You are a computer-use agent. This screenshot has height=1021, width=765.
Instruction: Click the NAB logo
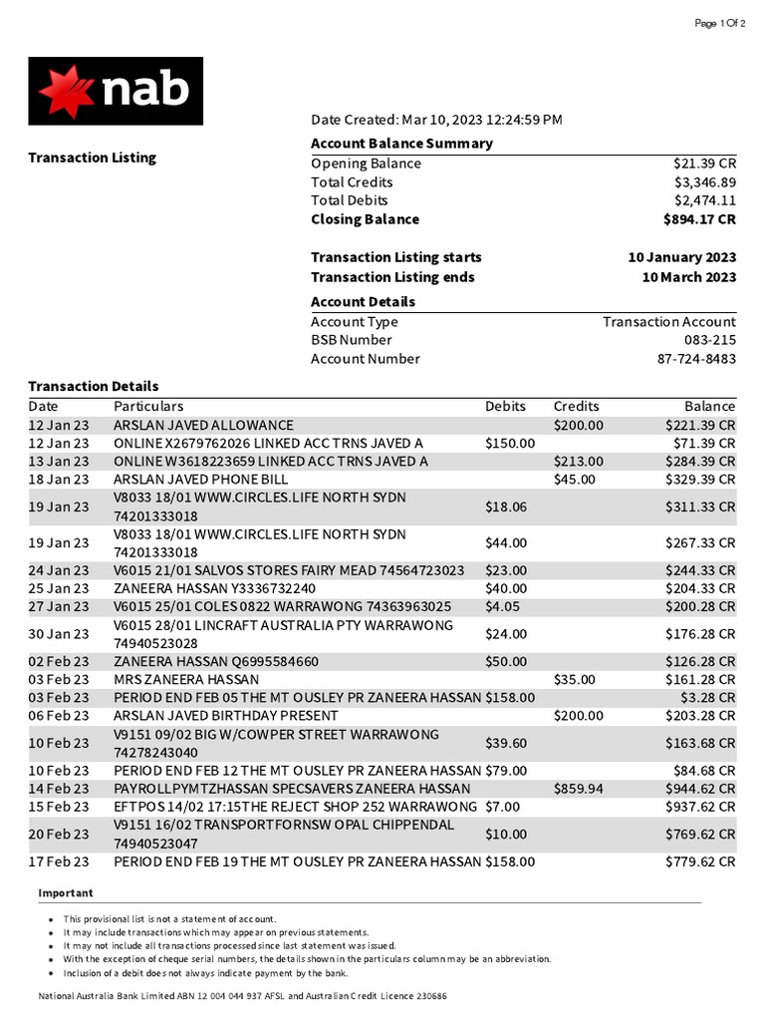(x=116, y=91)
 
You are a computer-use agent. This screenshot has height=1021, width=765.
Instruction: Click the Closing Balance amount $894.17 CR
(x=699, y=219)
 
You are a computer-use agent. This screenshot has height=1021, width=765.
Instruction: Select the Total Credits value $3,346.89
(x=704, y=182)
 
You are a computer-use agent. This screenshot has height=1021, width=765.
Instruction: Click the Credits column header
(x=576, y=406)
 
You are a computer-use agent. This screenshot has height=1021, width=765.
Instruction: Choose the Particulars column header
(x=148, y=406)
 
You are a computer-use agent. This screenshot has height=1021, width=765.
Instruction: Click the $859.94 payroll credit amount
(x=578, y=788)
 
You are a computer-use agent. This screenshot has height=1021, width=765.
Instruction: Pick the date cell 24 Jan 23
(x=58, y=570)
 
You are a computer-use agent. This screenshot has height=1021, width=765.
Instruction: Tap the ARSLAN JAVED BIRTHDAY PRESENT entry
(x=225, y=715)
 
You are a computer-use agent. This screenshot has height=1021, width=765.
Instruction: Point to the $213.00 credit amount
(x=578, y=461)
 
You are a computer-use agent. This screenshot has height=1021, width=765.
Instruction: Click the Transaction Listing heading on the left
(x=92, y=158)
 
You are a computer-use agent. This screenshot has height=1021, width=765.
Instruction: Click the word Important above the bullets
(x=66, y=893)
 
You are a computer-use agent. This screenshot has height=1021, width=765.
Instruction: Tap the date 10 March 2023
(x=689, y=277)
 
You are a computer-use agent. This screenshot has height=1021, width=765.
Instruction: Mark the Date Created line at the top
(x=436, y=120)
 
